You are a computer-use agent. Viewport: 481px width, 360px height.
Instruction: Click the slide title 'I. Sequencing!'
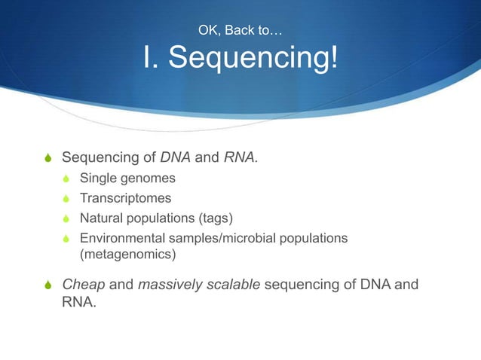[x=240, y=59]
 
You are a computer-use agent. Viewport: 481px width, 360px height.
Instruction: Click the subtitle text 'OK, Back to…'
[x=240, y=30]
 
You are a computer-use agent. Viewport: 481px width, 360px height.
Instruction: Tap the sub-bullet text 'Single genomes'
[x=127, y=179]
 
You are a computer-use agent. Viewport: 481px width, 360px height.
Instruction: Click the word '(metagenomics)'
[x=127, y=255]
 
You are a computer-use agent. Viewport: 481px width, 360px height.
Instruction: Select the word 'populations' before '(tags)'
[x=161, y=218]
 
